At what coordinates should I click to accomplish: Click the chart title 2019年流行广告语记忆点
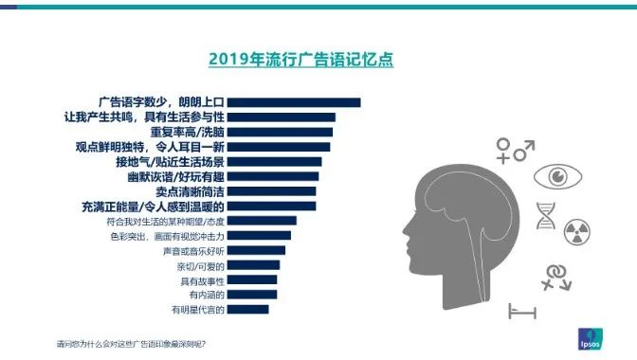pos(300,60)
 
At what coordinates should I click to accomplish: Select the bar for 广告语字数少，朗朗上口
pos(294,102)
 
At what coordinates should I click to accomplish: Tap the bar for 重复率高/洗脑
pos(280,132)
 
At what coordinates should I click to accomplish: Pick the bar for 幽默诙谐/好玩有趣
pos(273,176)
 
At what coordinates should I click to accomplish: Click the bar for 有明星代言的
pos(248,309)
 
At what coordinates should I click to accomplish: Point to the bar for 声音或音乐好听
pos(256,250)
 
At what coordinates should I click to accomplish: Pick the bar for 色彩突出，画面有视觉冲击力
pos(260,235)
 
